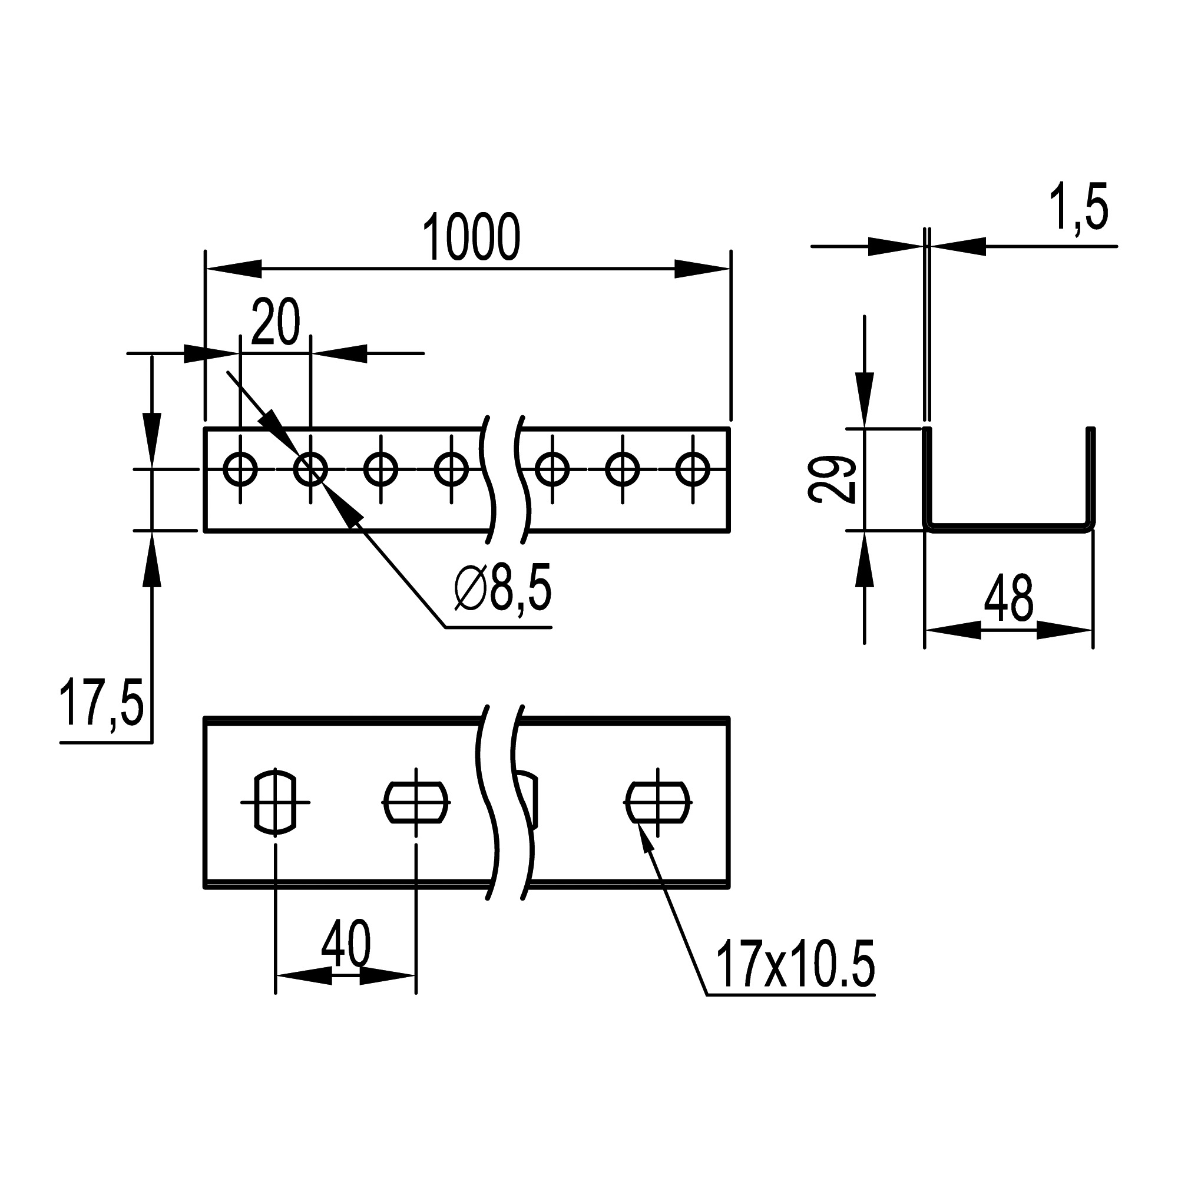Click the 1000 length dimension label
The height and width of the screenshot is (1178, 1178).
[471, 237]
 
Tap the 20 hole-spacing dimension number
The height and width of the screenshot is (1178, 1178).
[276, 322]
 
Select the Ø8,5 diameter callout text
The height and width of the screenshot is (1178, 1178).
[502, 588]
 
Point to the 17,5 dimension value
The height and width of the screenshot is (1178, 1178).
[101, 704]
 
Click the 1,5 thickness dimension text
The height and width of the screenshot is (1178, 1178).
[1077, 208]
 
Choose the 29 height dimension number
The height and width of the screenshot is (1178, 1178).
[832, 479]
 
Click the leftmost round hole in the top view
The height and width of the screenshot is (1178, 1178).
[240, 469]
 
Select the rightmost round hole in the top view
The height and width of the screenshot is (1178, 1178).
[693, 469]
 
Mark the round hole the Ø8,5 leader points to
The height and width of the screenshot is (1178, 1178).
[310, 469]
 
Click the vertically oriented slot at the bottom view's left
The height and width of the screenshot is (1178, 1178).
[276, 802]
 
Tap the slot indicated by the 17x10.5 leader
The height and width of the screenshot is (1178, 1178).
[658, 802]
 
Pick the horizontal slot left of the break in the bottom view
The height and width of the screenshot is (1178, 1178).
[416, 802]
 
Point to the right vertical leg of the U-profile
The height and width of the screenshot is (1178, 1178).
[1091, 475]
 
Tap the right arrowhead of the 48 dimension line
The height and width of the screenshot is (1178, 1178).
[1064, 630]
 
